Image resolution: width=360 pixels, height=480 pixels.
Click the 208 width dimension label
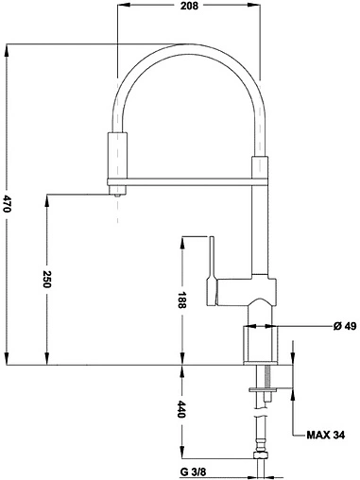tap(189, 6)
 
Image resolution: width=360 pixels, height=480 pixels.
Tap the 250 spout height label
tap(47, 279)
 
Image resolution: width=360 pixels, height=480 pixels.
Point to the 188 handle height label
tap(182, 300)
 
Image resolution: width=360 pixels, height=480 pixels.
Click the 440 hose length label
tap(182, 409)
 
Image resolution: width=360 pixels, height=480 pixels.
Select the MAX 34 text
tap(326, 436)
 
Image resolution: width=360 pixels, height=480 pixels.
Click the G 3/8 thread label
tap(193, 472)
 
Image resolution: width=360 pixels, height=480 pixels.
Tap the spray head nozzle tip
tap(117, 196)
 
